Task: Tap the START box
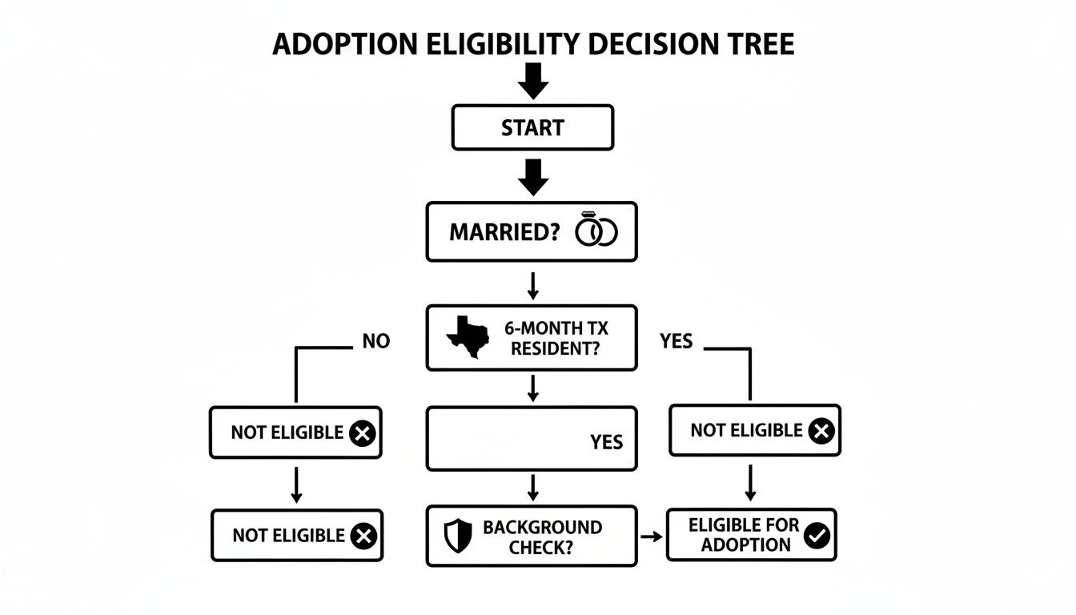[x=532, y=127]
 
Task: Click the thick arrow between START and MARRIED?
[x=533, y=176]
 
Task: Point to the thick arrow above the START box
[x=533, y=79]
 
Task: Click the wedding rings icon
[x=596, y=231]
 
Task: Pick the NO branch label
[x=375, y=341]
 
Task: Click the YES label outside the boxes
[x=676, y=342]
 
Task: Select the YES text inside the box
[x=606, y=442]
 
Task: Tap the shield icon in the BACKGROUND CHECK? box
[x=458, y=536]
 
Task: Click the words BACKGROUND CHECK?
[x=542, y=537]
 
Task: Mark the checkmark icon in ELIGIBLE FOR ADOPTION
[x=817, y=536]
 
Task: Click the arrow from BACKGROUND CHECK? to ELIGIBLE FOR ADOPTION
[x=652, y=536]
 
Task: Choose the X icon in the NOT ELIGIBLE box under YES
[x=821, y=432]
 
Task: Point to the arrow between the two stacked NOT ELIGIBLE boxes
[x=296, y=484]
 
